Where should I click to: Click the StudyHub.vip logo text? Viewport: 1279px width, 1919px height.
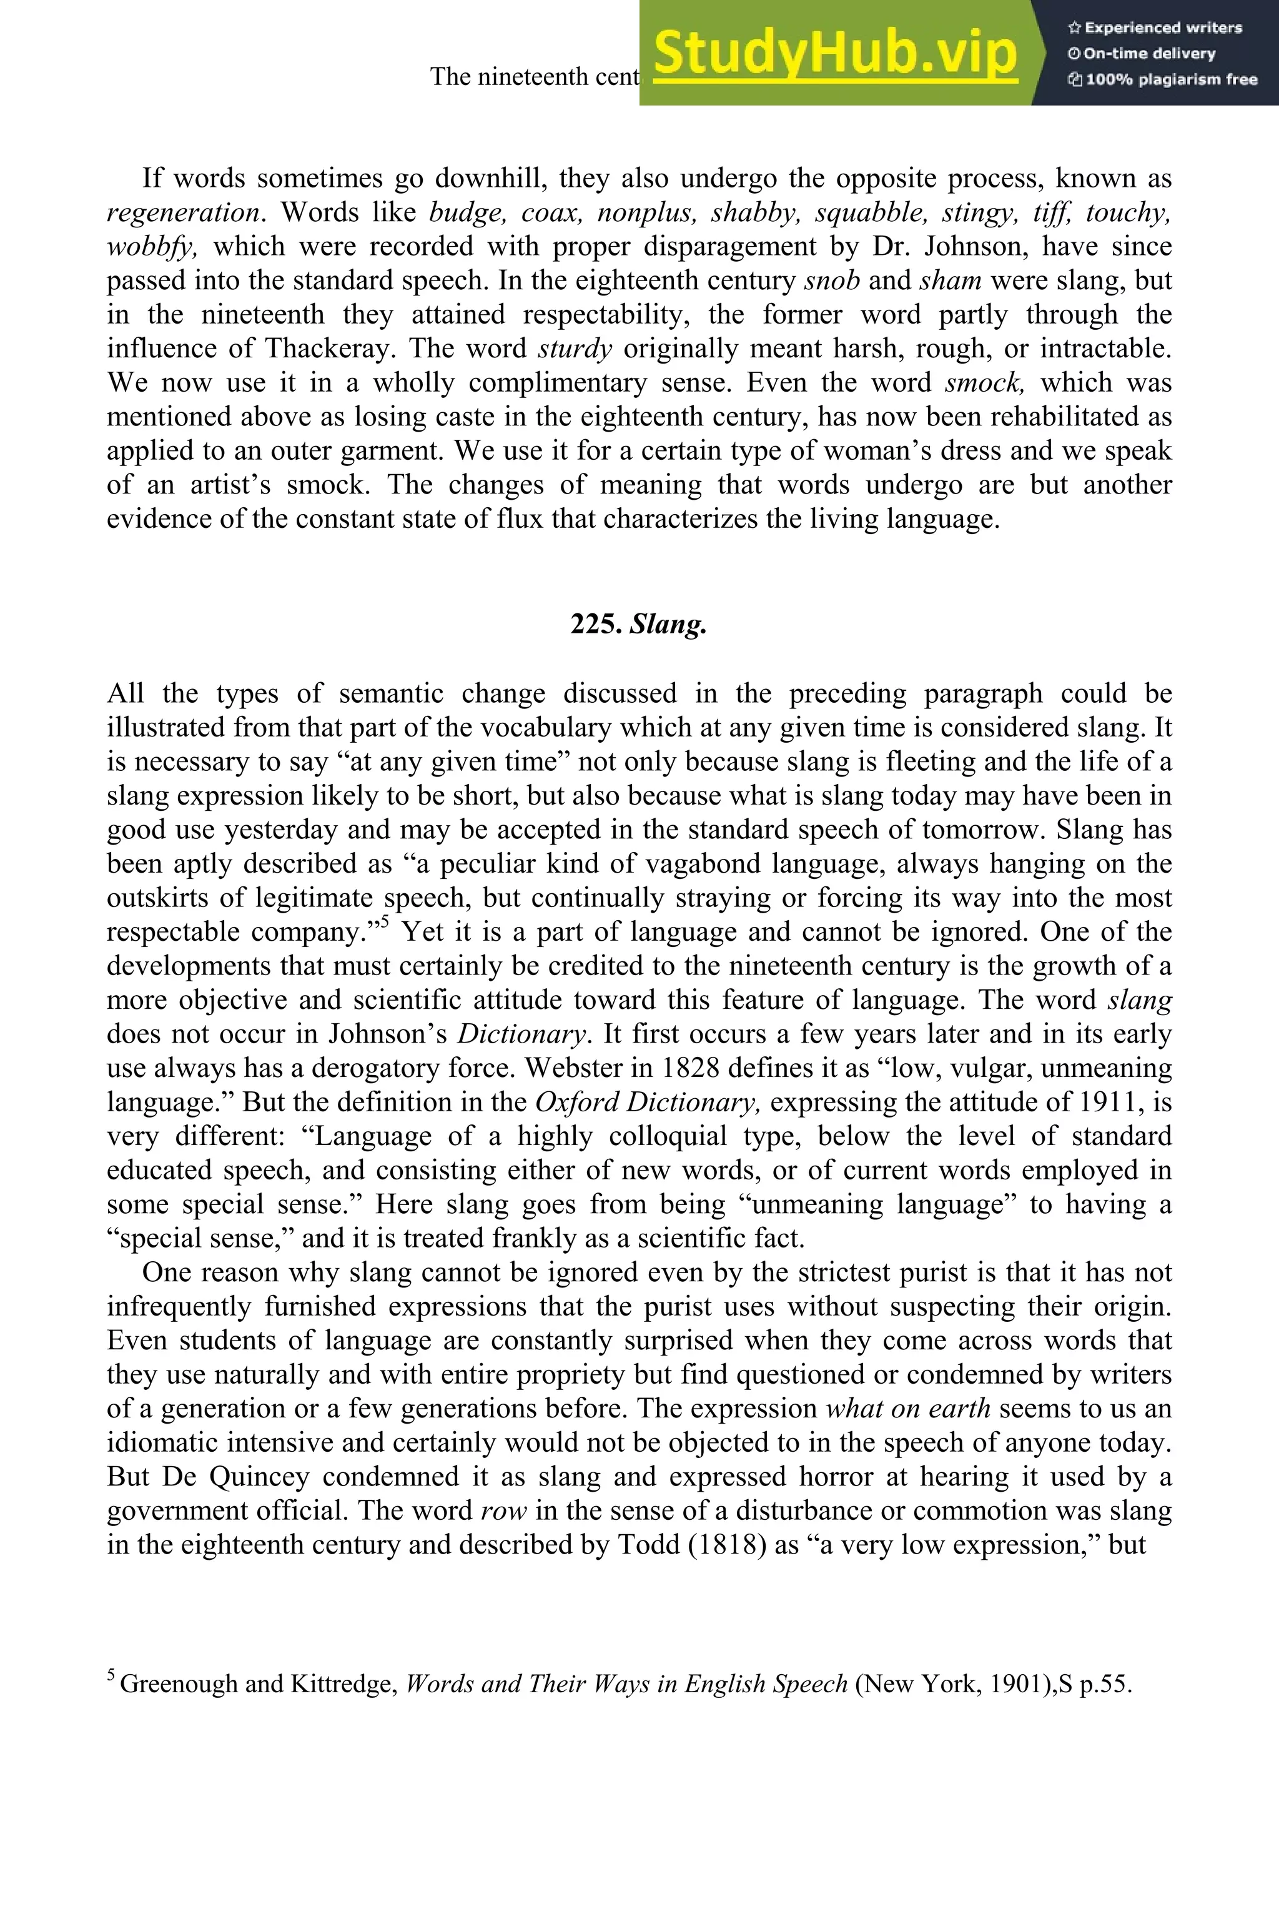(x=834, y=54)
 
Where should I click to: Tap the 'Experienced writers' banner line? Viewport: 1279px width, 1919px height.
(x=1154, y=27)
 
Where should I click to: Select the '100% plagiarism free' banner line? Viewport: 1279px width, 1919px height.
(x=1162, y=80)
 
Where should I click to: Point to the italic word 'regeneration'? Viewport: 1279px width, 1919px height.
(x=183, y=213)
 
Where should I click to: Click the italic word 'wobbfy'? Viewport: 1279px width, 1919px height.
(x=151, y=246)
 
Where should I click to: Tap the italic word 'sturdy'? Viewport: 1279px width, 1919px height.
(x=575, y=349)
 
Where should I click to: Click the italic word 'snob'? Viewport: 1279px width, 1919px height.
(x=831, y=280)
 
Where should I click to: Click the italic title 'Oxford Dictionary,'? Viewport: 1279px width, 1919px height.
(x=648, y=1103)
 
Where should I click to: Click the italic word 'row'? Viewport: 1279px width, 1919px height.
(x=503, y=1511)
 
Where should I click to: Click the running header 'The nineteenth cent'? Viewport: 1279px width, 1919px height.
(x=535, y=77)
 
